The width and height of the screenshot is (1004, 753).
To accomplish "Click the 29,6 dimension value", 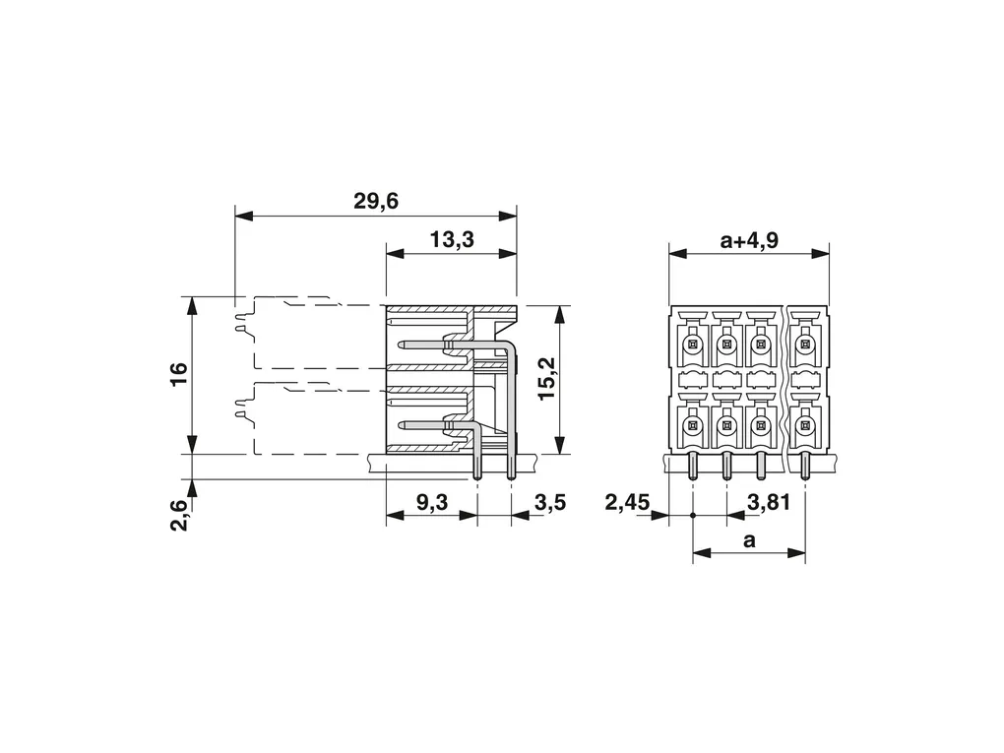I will tap(376, 201).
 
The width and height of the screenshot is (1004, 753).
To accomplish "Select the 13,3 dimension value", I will tap(452, 239).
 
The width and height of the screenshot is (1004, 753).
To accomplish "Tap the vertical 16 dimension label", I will tap(178, 374).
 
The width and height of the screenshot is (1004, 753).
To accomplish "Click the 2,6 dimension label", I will tap(180, 515).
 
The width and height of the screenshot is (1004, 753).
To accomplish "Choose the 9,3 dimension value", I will tap(431, 503).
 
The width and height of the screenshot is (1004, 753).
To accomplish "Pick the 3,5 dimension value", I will tap(549, 503).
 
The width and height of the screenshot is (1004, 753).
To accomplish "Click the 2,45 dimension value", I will tap(627, 503).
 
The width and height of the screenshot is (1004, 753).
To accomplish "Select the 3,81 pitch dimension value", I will tap(769, 503).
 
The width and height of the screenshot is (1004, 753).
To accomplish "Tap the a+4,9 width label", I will tap(749, 240).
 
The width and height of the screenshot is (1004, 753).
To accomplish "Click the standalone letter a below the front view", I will tap(749, 540).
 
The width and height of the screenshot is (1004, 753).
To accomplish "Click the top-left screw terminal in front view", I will tap(692, 345).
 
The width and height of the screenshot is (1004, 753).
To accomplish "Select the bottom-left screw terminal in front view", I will tap(692, 426).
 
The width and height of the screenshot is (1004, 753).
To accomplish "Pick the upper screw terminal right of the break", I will tap(805, 345).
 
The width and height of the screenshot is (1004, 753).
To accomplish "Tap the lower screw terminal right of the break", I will tap(805, 426).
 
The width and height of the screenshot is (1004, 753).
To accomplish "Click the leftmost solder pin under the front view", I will tap(692, 466).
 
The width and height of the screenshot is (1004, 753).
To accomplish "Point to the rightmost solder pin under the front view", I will tap(805, 466).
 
